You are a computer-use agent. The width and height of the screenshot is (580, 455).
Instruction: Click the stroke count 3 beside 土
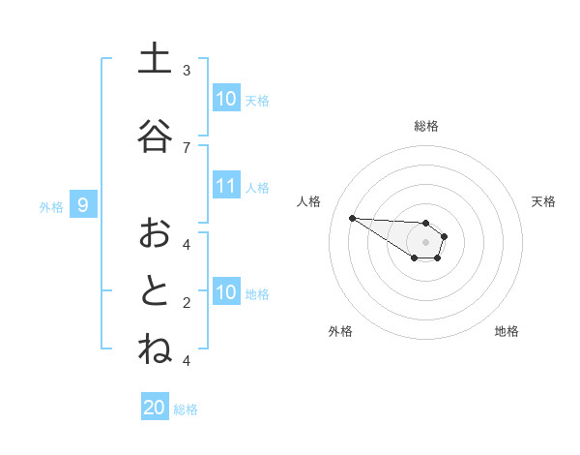[x=187, y=71]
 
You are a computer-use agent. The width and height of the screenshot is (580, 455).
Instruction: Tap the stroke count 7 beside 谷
[x=187, y=147]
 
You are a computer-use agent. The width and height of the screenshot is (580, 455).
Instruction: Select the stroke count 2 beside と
[x=187, y=302]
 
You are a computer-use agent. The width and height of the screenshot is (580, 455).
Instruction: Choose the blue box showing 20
[x=155, y=408]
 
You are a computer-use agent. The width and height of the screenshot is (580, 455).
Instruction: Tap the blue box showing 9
[x=83, y=204]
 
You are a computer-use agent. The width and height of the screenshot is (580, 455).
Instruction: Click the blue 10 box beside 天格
[x=226, y=99]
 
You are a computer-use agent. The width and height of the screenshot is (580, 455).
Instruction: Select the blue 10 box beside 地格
[x=226, y=291]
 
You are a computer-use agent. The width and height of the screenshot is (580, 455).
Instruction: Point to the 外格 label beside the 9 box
[x=51, y=206]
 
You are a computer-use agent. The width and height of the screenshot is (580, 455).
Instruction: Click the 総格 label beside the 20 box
[x=186, y=409]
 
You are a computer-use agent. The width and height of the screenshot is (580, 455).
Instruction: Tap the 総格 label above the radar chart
[x=426, y=126]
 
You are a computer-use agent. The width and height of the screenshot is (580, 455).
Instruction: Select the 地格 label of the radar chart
[x=507, y=331]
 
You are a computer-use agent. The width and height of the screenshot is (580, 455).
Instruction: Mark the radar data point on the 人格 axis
[x=352, y=218]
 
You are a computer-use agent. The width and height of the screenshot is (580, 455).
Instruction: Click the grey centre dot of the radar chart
[x=426, y=242]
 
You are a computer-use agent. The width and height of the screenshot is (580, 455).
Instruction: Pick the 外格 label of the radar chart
[x=340, y=331]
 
